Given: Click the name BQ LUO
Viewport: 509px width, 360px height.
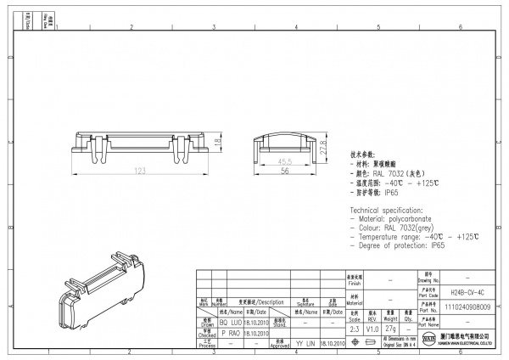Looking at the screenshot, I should click(230, 323).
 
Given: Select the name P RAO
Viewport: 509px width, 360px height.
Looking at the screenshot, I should click(230, 334).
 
